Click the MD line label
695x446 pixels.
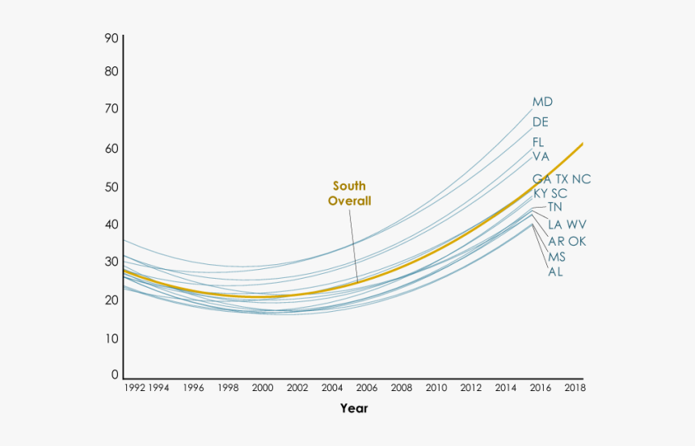(542, 102)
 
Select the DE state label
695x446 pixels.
(541, 122)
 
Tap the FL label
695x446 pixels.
(538, 142)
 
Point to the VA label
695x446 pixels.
(541, 156)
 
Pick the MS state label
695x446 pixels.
(557, 257)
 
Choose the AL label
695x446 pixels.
(555, 271)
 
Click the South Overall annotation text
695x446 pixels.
(349, 193)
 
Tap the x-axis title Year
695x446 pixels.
(354, 408)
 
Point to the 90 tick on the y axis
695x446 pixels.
(112, 38)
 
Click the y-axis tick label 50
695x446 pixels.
(112, 187)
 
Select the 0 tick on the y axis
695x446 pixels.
(115, 375)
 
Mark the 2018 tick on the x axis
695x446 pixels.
(575, 388)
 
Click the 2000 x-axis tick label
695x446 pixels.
(262, 388)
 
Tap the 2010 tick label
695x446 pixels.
(436, 388)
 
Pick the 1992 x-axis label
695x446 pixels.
(134, 388)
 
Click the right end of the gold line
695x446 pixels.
(582, 144)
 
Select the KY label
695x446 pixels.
(541, 193)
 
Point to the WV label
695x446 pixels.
(576, 224)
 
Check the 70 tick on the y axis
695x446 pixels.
(112, 108)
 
